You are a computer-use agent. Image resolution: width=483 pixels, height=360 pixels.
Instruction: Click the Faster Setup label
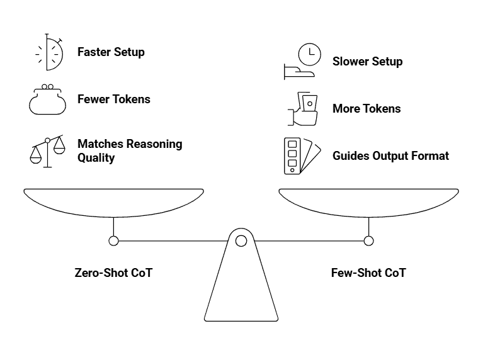(111, 52)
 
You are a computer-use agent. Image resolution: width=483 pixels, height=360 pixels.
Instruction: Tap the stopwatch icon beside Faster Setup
(50, 52)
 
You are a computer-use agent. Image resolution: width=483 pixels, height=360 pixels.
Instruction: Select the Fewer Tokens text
(113, 99)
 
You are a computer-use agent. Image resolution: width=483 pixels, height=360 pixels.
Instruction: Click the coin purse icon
(47, 99)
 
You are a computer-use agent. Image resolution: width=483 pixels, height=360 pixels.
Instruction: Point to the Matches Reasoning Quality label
(129, 150)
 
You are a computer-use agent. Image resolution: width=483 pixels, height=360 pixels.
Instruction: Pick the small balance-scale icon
(48, 150)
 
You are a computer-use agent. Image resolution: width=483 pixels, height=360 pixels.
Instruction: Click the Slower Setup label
(367, 62)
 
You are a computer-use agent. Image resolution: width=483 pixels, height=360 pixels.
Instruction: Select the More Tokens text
(367, 108)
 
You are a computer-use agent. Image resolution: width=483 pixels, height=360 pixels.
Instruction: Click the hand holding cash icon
(303, 108)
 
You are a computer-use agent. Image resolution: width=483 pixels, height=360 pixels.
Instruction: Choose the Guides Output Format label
(390, 155)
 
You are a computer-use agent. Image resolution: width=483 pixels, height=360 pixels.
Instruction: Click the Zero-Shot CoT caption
(113, 273)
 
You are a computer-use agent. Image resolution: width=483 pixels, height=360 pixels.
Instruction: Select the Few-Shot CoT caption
(368, 273)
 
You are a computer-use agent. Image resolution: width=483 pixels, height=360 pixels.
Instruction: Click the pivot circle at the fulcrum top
(241, 240)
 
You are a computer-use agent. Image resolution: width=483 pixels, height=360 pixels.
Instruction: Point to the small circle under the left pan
(113, 240)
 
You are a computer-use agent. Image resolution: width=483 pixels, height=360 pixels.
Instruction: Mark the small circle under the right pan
(368, 240)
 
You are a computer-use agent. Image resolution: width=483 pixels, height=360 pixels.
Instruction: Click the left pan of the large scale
(113, 201)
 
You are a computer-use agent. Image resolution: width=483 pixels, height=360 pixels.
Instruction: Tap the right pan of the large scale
(368, 201)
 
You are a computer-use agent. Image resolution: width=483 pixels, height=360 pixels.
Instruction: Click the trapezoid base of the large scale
(241, 290)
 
